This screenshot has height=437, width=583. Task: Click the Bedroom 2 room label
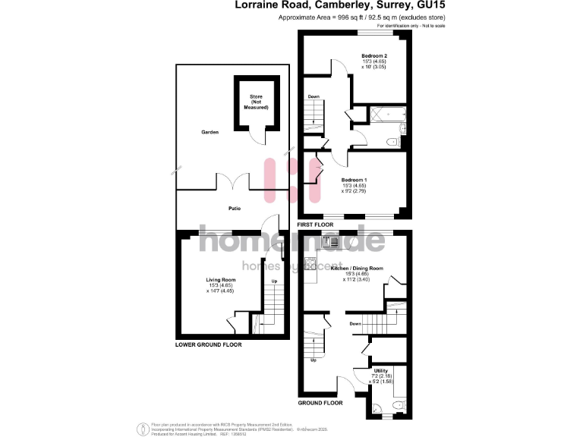click(x=374, y=56)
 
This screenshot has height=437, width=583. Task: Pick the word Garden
click(x=210, y=132)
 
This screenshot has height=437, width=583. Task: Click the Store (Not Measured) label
click(x=256, y=102)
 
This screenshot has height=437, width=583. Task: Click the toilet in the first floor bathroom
click(x=392, y=141)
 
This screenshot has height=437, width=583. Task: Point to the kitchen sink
click(x=329, y=242)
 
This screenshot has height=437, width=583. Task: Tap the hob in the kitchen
click(x=310, y=264)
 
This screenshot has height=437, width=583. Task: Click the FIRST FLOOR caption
click(x=315, y=225)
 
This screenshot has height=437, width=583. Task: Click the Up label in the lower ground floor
click(x=274, y=284)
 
